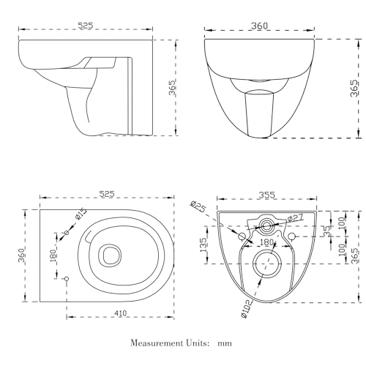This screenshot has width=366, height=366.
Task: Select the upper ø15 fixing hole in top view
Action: click(x=67, y=233)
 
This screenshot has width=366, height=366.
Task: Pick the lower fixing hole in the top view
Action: click(x=67, y=278)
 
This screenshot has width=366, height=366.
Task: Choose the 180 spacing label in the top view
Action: click(x=53, y=256)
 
